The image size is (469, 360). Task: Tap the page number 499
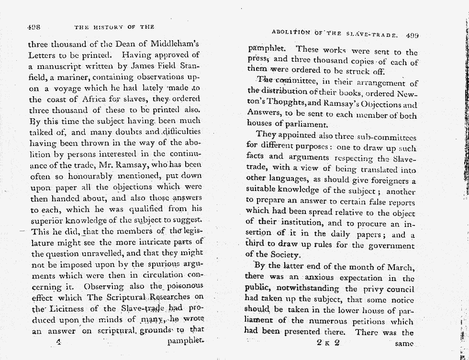(x=412, y=35)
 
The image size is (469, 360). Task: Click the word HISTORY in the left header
(x=111, y=27)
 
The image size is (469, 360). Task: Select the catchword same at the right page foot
(x=405, y=344)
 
